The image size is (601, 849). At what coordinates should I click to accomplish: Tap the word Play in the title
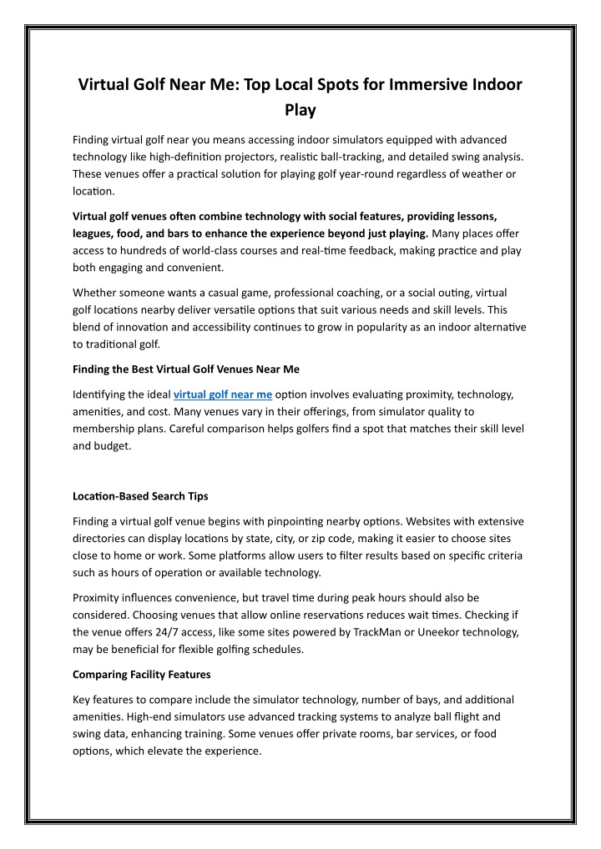tap(300, 110)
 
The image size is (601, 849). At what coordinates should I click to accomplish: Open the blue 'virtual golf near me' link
tap(222, 394)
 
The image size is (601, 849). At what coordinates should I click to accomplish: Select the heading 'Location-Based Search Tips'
tap(140, 495)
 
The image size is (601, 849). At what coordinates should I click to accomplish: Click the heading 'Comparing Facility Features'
tap(143, 674)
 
